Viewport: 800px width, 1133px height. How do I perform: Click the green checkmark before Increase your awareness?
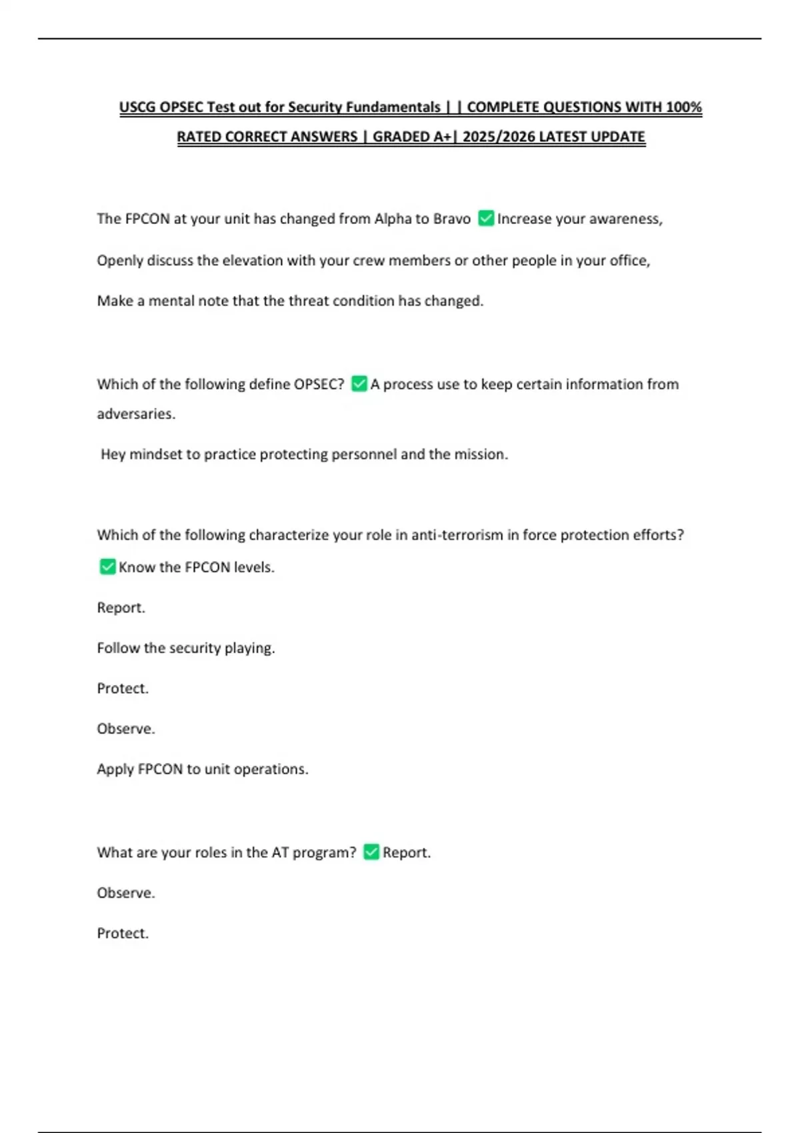pyautogui.click(x=486, y=219)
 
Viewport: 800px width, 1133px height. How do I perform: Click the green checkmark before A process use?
pyautogui.click(x=359, y=384)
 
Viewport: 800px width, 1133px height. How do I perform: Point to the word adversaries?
pyautogui.click(x=135, y=414)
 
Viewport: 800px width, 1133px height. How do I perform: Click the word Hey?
pyautogui.click(x=113, y=455)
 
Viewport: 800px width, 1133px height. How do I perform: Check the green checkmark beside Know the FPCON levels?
pyautogui.click(x=107, y=567)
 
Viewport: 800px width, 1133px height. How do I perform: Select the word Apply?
pyautogui.click(x=115, y=769)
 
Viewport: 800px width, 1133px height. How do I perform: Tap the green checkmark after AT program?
pyautogui.click(x=371, y=852)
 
